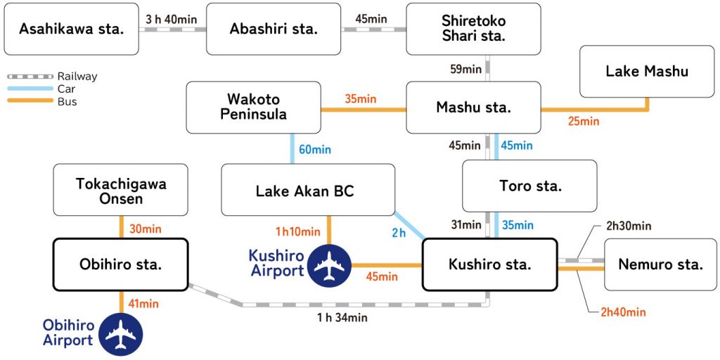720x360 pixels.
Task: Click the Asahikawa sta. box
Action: (x=71, y=29)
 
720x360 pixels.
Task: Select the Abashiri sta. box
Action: (x=274, y=29)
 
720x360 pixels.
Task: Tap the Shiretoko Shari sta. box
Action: (x=474, y=29)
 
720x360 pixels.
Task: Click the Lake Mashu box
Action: (x=647, y=71)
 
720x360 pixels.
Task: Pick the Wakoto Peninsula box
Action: (x=253, y=107)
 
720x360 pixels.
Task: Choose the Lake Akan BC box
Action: (x=308, y=190)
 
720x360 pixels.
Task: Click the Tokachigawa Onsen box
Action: (x=120, y=190)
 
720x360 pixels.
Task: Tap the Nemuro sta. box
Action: (x=660, y=264)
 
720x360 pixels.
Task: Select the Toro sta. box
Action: (x=529, y=186)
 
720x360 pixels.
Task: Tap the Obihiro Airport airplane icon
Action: (x=120, y=334)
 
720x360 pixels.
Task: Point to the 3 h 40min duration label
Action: (x=172, y=19)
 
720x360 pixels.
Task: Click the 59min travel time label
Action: (x=466, y=69)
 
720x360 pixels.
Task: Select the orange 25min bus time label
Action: (x=584, y=122)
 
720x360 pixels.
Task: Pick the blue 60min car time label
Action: (x=314, y=149)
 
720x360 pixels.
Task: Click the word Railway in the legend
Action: (x=77, y=77)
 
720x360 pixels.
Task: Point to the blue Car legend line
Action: (x=30, y=89)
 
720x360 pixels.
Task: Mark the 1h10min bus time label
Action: (x=298, y=231)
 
